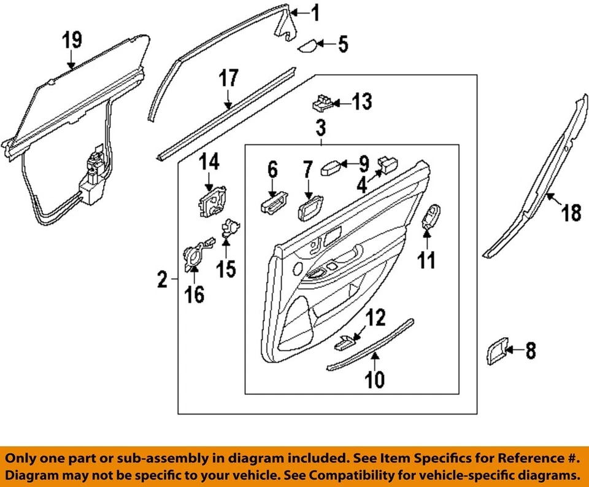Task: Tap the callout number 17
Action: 228,79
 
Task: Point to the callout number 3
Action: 321,129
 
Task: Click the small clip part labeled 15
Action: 231,228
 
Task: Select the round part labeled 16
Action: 194,257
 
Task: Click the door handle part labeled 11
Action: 433,216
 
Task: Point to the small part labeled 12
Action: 346,341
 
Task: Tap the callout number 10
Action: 375,380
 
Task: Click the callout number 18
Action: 571,214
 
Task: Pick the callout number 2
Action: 162,281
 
